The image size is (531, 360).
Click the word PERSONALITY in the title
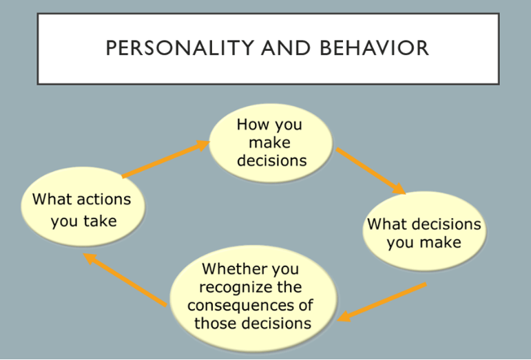pyautogui.click(x=180, y=47)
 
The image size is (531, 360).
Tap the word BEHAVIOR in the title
pyautogui.click(x=374, y=47)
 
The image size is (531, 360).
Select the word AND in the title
pyautogui.click(x=286, y=47)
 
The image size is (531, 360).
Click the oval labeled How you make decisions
pyautogui.click(x=271, y=142)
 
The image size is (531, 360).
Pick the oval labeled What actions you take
pyautogui.click(x=83, y=206)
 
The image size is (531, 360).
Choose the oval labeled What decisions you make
pyautogui.click(x=424, y=231)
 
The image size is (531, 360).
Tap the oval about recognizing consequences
pyautogui.click(x=253, y=299)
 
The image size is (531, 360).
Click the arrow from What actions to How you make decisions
pyautogui.click(x=166, y=159)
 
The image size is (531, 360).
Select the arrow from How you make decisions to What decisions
pyautogui.click(x=371, y=171)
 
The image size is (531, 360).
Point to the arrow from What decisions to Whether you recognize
pyautogui.click(x=382, y=302)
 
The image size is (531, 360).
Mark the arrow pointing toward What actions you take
pyautogui.click(x=125, y=279)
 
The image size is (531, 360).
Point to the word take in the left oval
pyautogui.click(x=101, y=221)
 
